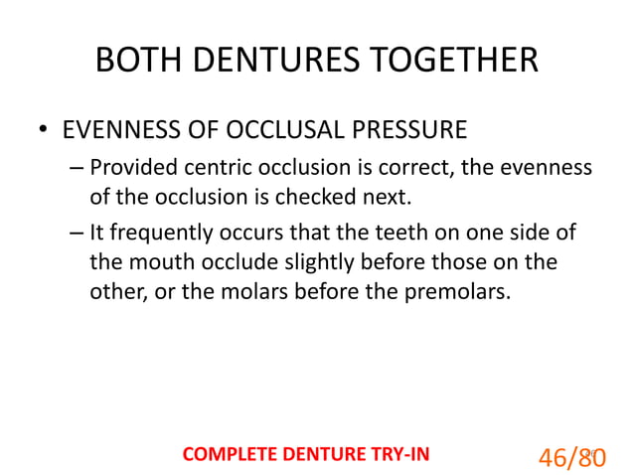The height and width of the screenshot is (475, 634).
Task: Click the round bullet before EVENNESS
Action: (43, 131)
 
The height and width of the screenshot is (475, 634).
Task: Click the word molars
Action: (265, 292)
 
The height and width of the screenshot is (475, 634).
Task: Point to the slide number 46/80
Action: (571, 456)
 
